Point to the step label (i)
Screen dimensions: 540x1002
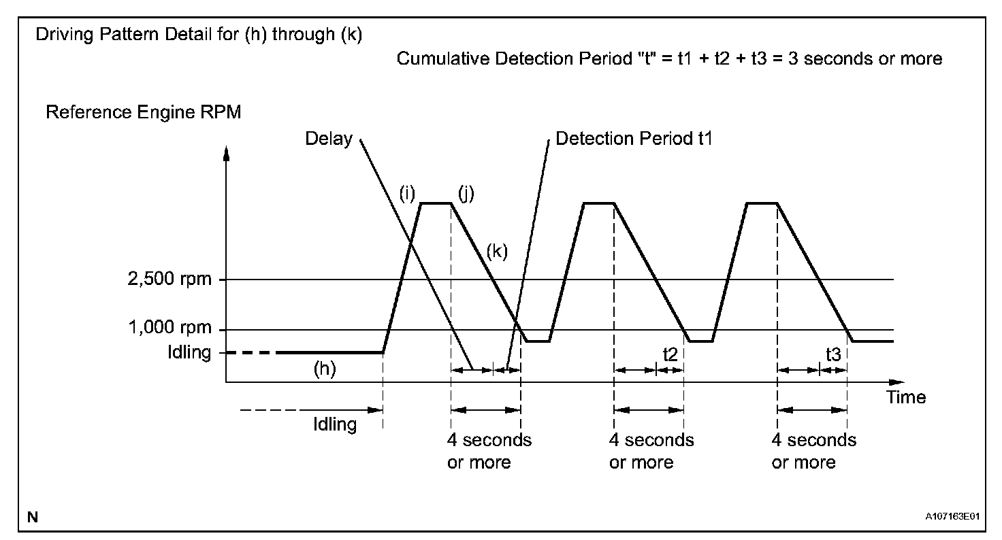point(408,193)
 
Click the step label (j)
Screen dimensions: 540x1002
point(466,193)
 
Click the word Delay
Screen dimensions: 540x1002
point(329,139)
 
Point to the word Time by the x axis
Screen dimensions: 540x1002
point(906,397)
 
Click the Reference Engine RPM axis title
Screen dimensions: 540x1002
point(143,112)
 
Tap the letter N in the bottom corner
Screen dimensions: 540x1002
point(32,518)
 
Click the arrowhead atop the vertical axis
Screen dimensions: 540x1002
point(227,152)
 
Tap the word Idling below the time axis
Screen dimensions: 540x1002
point(335,425)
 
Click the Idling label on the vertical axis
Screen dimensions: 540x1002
point(191,353)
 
